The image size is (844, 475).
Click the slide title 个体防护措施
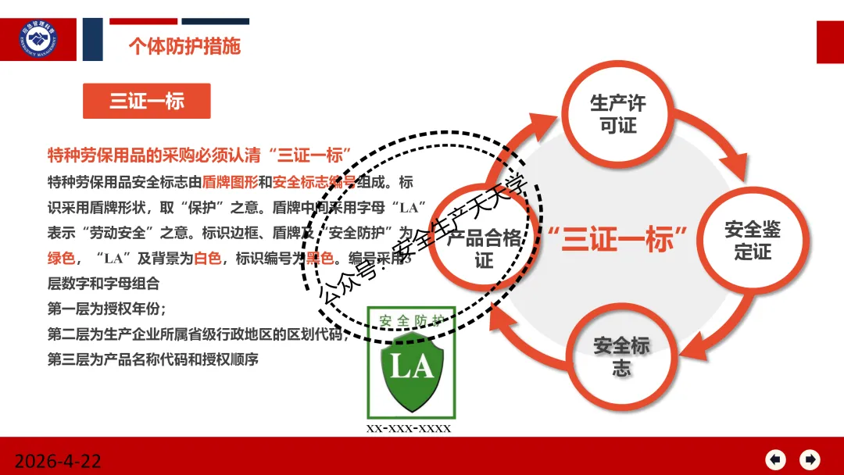pos(184,46)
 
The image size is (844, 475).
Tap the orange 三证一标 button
pos(147,101)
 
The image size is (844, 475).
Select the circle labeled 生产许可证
pos(617,114)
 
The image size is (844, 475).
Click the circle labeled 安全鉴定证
pos(752,240)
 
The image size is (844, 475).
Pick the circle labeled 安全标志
pos(621,355)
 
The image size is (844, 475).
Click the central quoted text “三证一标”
pos(617,239)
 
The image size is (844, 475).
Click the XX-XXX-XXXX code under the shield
pos(409,429)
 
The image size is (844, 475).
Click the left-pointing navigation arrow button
pos(774,459)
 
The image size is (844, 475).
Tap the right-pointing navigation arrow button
pos(810,459)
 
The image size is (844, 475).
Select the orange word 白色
pos(207,258)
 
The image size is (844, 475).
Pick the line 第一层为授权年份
pos(106,308)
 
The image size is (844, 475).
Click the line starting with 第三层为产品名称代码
pos(152,359)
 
